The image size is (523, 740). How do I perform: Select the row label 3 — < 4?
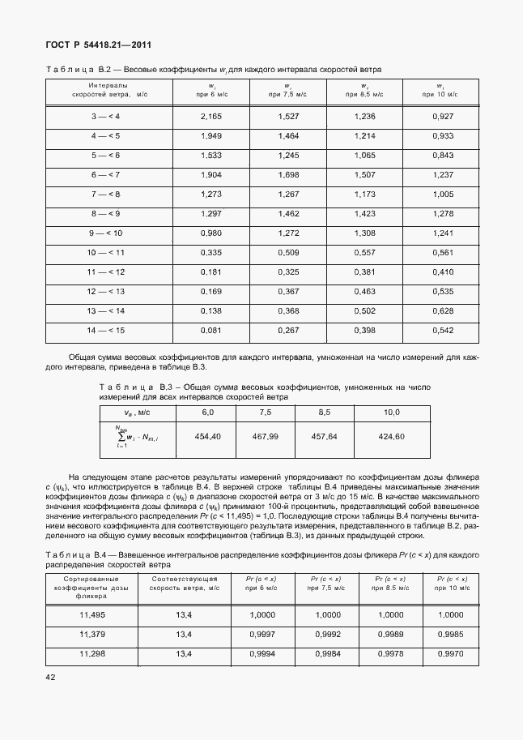tap(105, 117)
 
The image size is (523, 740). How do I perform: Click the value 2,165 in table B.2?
tap(210, 117)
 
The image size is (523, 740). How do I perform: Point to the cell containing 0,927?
tap(443, 117)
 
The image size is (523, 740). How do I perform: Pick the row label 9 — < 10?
tap(105, 233)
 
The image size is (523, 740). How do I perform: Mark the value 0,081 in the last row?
tap(210, 330)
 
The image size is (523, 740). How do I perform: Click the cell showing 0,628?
tap(443, 310)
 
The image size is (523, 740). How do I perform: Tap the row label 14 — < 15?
tap(105, 330)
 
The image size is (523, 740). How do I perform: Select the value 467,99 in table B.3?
tap(265, 436)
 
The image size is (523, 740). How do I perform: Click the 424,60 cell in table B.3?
tap(391, 436)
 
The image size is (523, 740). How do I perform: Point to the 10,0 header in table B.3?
tap(391, 413)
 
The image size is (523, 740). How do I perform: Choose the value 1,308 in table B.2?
tap(365, 233)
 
